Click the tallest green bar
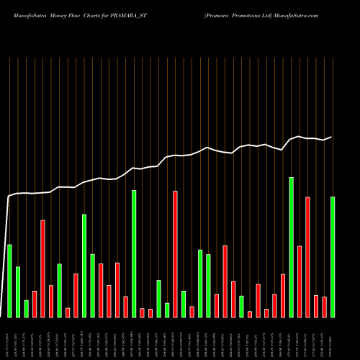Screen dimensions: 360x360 [x=291, y=247]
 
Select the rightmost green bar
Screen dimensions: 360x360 [x=333, y=256]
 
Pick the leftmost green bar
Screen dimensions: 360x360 [x=9, y=281]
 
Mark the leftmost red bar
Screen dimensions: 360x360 [x=35, y=304]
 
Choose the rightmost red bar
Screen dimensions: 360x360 [x=324, y=307]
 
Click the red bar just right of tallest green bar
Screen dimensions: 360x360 [x=300, y=282]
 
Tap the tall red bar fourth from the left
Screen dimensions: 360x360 [x=42, y=268]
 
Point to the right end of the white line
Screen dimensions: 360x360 [x=331, y=137]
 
